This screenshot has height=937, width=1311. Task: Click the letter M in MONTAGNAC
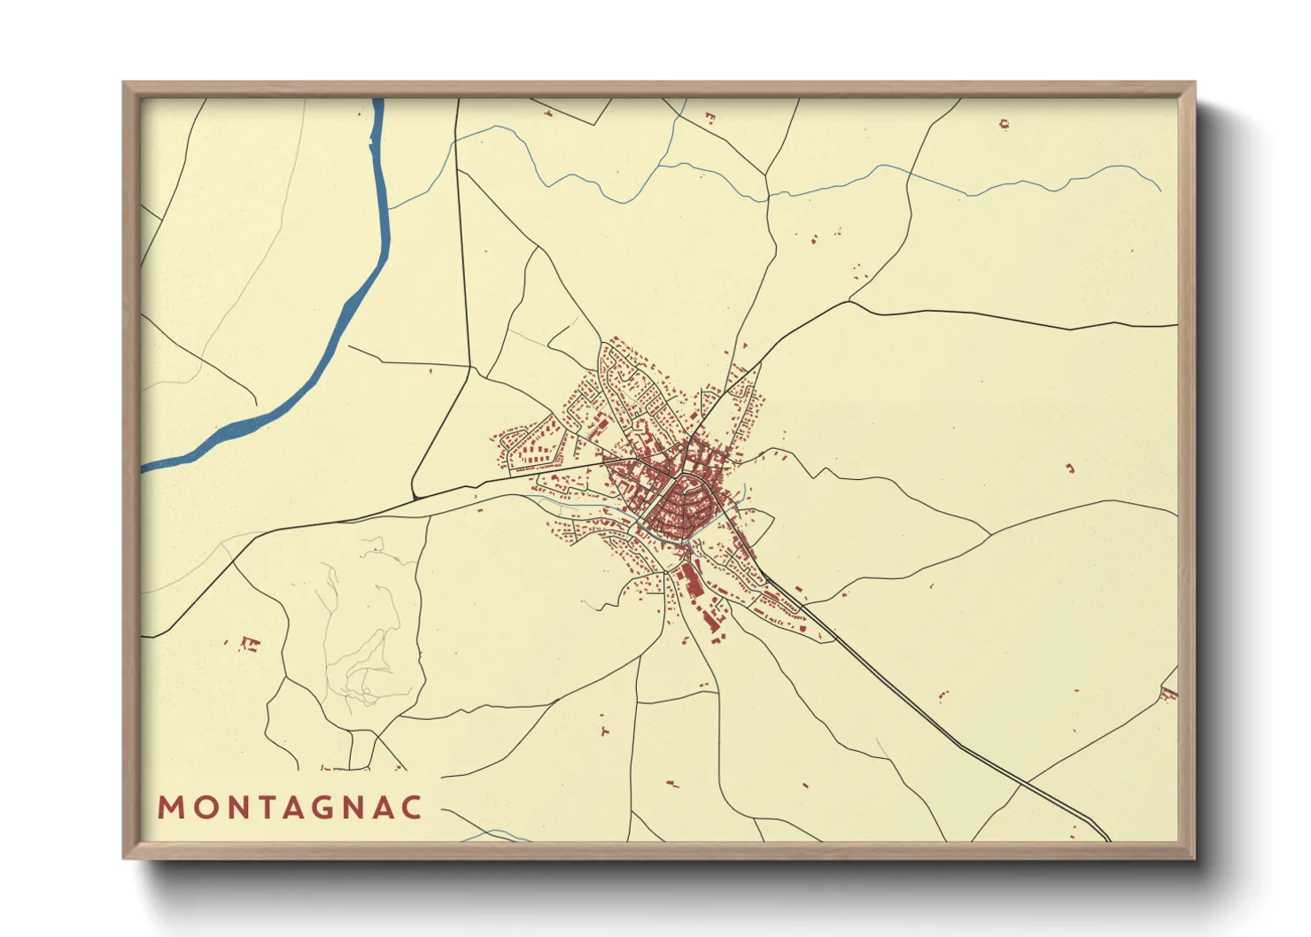170,808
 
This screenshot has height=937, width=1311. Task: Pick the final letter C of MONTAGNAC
412,808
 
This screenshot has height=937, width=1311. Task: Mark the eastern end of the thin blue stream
1160,190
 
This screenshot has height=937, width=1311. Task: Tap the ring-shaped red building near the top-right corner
1004,124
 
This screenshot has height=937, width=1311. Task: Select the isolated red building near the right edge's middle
1069,468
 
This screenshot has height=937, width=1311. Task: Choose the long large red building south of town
687,580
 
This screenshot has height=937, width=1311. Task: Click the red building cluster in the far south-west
249,643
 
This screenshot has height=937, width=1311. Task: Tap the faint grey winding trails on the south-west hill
363,638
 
